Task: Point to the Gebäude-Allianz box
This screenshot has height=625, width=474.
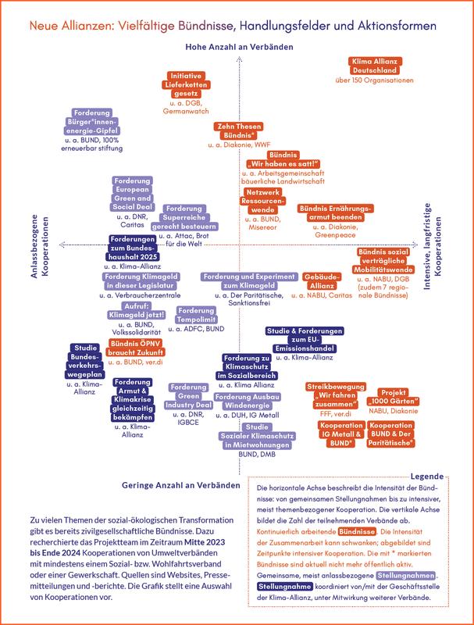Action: [322, 282]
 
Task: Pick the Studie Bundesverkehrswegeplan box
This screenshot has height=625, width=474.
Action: [90, 360]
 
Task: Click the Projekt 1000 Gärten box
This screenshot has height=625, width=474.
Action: [405, 398]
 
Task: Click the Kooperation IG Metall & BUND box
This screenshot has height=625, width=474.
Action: [341, 434]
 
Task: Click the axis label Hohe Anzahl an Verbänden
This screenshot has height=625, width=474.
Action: [239, 48]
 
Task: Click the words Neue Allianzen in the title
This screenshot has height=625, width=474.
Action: [70, 27]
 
